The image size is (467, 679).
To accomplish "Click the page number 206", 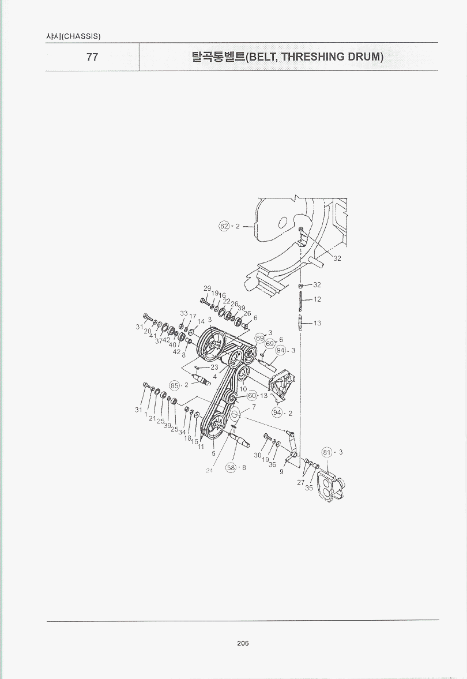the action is pyautogui.click(x=243, y=643).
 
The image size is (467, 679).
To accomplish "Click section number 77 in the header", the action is pyautogui.click(x=92, y=57).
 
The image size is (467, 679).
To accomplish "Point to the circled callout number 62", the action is pyautogui.click(x=224, y=226).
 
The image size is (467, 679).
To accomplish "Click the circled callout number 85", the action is pyautogui.click(x=174, y=385).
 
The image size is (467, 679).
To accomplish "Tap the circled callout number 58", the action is pyautogui.click(x=231, y=468).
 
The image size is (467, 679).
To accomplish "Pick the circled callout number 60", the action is pyautogui.click(x=252, y=396).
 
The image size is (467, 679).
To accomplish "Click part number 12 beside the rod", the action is pyautogui.click(x=317, y=299).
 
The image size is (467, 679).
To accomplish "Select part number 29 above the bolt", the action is pyautogui.click(x=208, y=288).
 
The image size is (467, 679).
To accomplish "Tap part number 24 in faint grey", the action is pyautogui.click(x=209, y=470).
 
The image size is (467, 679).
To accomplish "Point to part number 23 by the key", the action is pyautogui.click(x=214, y=367).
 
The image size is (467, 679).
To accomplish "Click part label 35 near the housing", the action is pyautogui.click(x=308, y=487).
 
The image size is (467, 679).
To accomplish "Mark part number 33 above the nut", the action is pyautogui.click(x=184, y=313).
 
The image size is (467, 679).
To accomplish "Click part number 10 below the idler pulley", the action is pyautogui.click(x=243, y=389).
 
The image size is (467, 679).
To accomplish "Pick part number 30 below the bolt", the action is pyautogui.click(x=258, y=455).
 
